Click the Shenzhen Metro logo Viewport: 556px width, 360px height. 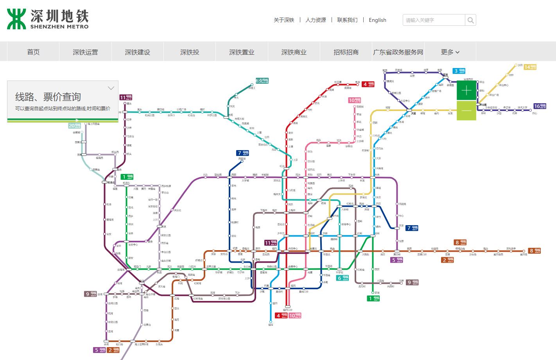[48, 19]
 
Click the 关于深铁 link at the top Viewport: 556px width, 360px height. [284, 20]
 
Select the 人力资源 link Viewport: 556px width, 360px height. [316, 20]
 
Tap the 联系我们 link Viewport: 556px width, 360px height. [347, 20]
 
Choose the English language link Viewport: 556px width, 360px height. [377, 20]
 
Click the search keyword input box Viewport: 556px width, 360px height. [434, 20]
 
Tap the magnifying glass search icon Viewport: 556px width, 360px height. [471, 20]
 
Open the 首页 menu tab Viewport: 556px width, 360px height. [33, 52]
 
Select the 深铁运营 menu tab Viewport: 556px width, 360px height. [85, 52]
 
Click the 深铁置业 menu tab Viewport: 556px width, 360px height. [242, 52]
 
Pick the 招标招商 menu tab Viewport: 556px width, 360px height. [346, 52]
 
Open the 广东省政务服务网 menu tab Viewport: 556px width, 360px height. [398, 52]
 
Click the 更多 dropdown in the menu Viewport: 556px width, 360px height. [450, 52]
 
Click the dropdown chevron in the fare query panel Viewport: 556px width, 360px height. [111, 88]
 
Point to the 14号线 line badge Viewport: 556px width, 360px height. [530, 67]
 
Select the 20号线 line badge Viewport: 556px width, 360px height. [75, 125]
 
